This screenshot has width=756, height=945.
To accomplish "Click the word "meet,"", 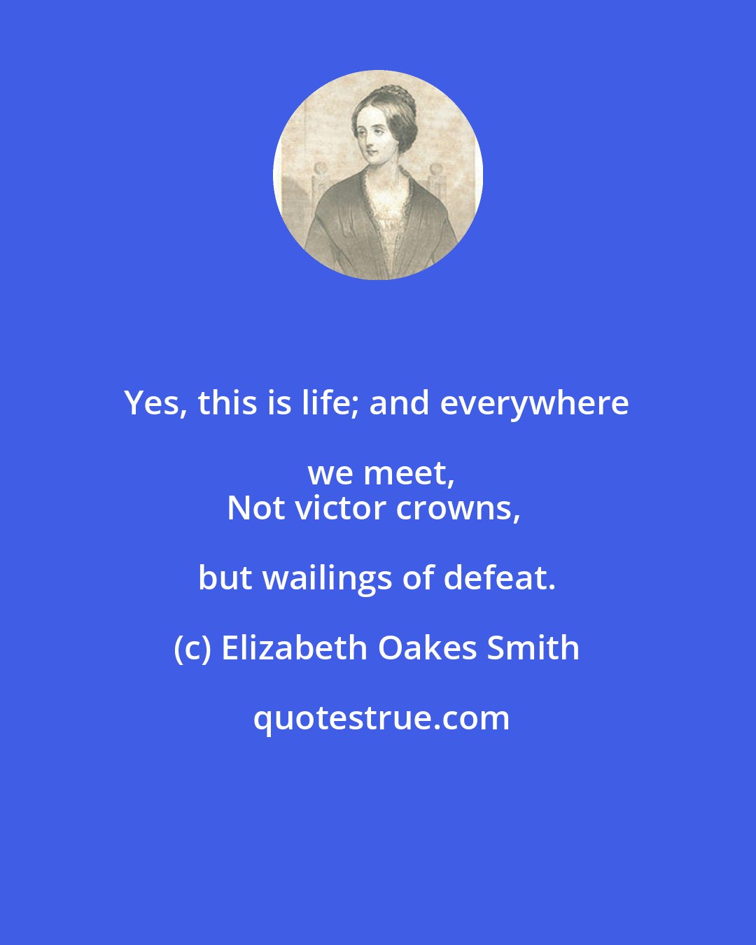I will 418,474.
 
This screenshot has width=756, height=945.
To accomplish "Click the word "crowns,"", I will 458,509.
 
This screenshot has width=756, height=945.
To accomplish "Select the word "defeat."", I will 500,579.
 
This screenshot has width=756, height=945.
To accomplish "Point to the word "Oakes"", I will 428,649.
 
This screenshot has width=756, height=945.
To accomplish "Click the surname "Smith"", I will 533,649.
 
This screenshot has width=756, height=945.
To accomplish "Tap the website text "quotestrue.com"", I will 381,719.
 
